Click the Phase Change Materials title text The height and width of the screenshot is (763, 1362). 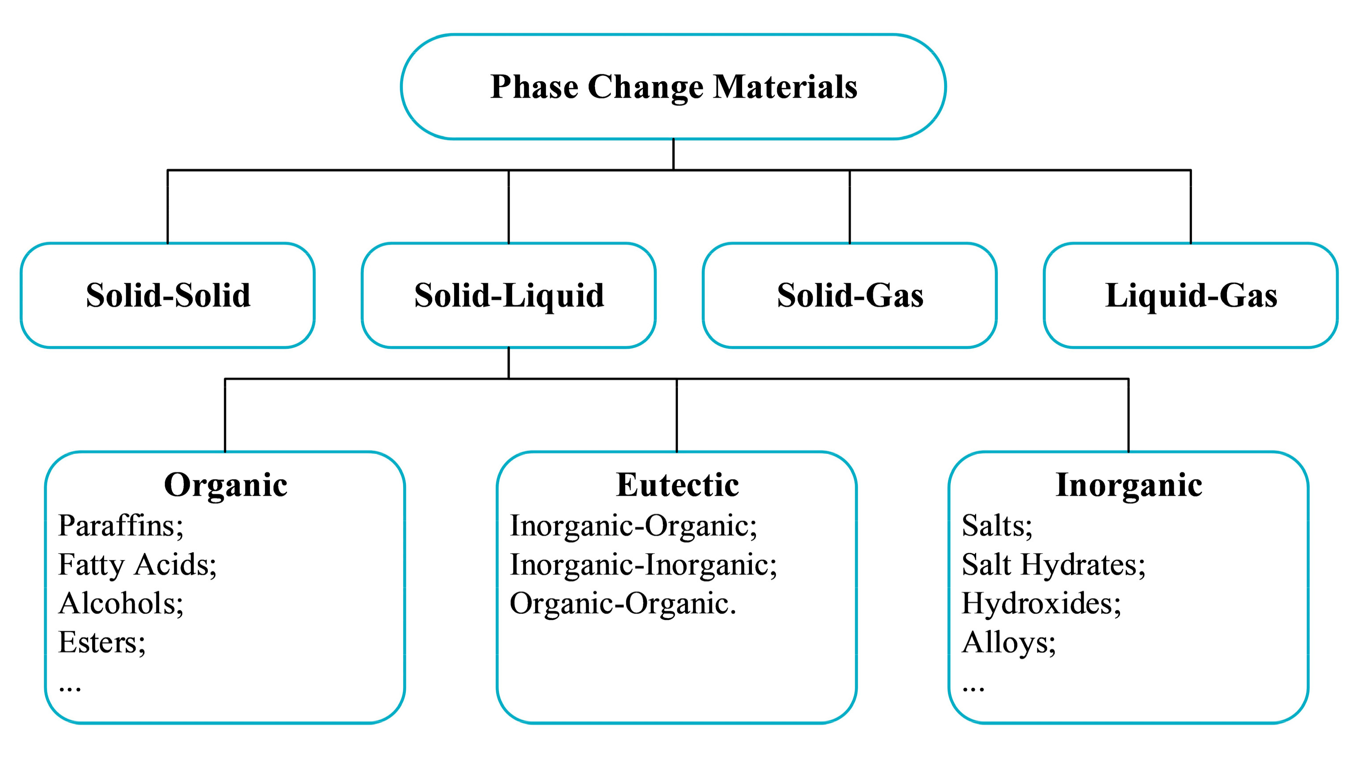pos(673,87)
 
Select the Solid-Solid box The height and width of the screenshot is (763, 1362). pos(167,295)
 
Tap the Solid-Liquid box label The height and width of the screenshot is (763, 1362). pos(509,295)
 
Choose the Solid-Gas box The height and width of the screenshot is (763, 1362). pos(850,295)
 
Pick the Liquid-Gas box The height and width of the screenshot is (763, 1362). pos(1191,295)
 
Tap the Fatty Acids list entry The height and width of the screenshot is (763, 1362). pos(137,564)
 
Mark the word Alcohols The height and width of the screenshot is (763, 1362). pos(121,603)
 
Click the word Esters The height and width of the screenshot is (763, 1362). pos(101,642)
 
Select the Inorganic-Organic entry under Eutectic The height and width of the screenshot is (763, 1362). pos(633,526)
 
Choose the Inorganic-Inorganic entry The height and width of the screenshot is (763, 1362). pos(643,564)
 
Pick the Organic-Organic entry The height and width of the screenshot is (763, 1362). pos(623,603)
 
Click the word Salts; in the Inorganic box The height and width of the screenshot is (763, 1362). pos(996,526)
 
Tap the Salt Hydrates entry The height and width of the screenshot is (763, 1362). pos(1053,564)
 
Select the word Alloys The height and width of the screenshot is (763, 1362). pos(1008,642)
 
